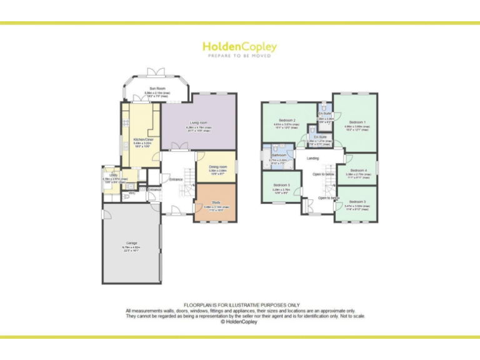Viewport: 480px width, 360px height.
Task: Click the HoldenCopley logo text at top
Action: point(239,47)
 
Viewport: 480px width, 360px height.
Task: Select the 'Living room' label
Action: point(198,122)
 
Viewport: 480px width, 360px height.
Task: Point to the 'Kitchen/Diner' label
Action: point(143,139)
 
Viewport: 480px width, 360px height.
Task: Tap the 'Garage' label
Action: point(131,243)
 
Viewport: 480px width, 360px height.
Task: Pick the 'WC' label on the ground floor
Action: point(132,193)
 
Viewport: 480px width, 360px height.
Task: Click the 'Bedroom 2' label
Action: point(287,119)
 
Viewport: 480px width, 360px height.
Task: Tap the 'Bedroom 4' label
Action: point(357,170)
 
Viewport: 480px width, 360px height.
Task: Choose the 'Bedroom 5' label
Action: point(281,185)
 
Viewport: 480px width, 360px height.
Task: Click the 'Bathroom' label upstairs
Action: point(279,155)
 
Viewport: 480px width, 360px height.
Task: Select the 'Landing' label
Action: point(312,159)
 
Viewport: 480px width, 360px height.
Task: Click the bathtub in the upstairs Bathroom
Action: point(267,161)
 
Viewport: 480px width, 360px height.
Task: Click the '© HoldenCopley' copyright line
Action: point(239,322)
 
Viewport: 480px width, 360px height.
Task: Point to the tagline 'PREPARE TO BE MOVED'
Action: point(239,56)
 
